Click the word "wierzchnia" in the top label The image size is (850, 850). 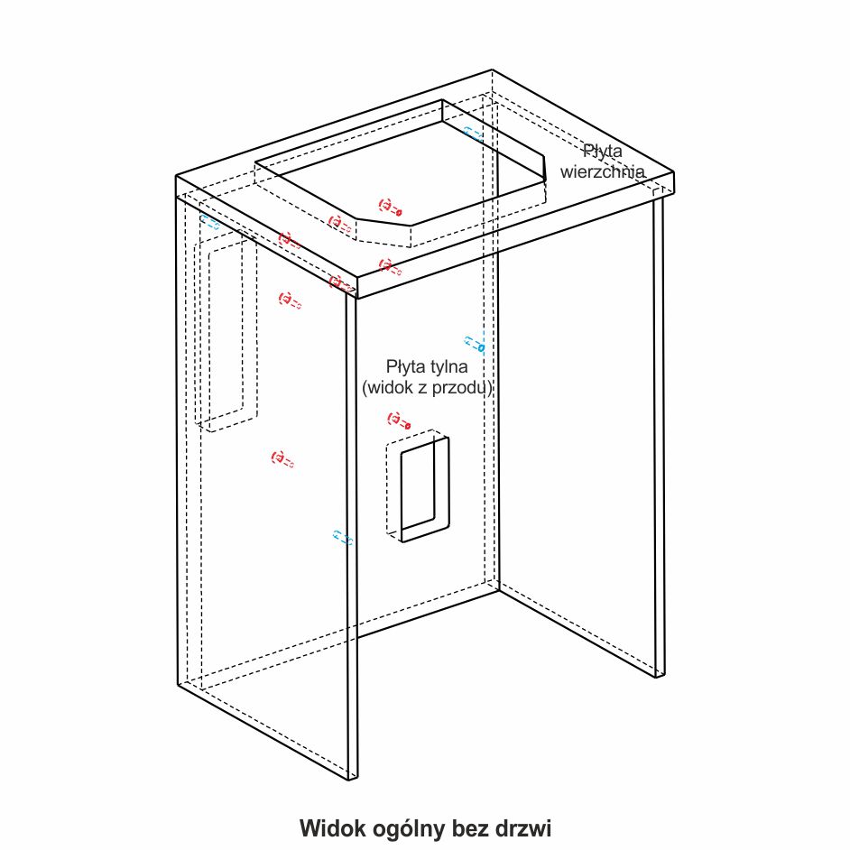click(602, 171)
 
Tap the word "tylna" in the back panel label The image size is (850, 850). click(447, 367)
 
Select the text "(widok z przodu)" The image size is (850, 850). click(427, 388)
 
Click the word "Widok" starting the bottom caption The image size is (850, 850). click(329, 827)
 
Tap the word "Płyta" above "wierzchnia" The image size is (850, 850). click(602, 151)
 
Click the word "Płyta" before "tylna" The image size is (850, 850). click(406, 367)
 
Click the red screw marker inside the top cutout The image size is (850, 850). click(390, 208)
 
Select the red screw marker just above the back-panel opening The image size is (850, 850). click(399, 420)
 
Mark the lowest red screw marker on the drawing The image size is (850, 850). click(283, 459)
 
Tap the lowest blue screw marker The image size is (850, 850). click(343, 538)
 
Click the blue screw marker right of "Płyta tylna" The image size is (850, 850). click(475, 344)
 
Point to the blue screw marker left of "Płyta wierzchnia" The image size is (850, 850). click(473, 134)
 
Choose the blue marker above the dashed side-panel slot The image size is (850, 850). click(210, 222)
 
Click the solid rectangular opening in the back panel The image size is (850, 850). click(423, 489)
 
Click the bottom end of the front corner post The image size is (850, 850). click(353, 774)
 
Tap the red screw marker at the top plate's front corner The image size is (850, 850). click(341, 283)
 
